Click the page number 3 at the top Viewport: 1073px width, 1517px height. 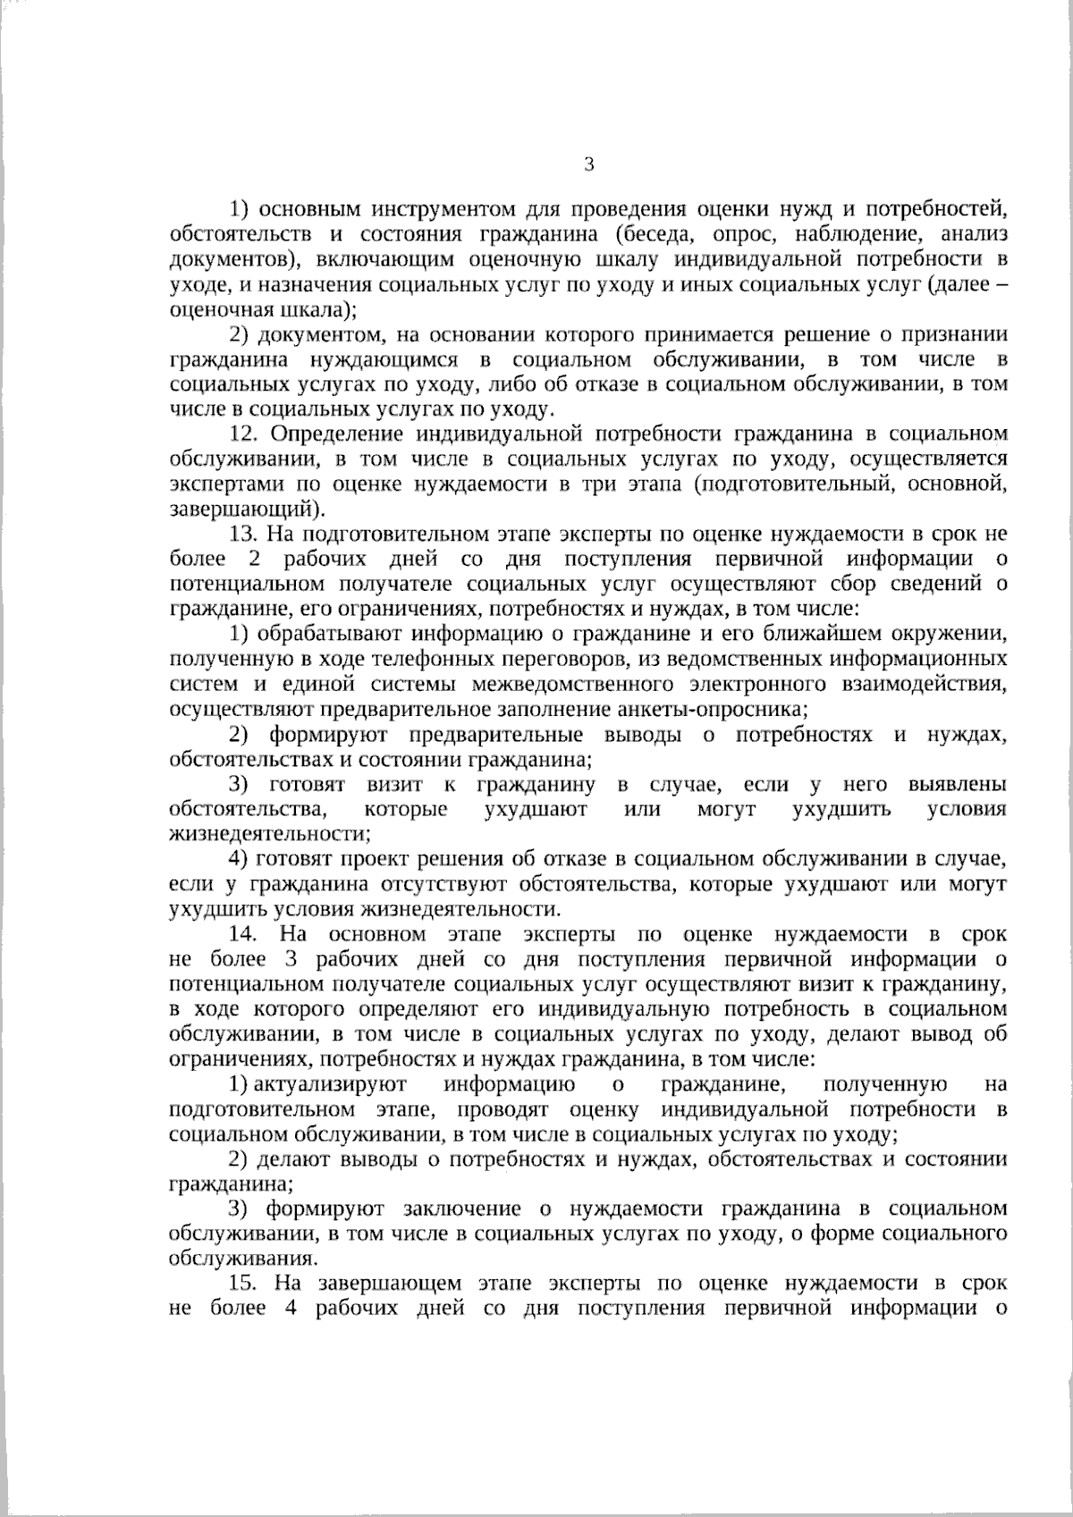coord(587,164)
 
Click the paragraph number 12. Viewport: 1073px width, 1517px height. coord(245,434)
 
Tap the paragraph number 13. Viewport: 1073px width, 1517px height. coord(245,535)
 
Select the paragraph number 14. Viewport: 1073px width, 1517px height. coord(245,935)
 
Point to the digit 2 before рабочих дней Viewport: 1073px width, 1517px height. coord(245,560)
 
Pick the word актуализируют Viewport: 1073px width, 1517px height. coord(331,1085)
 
